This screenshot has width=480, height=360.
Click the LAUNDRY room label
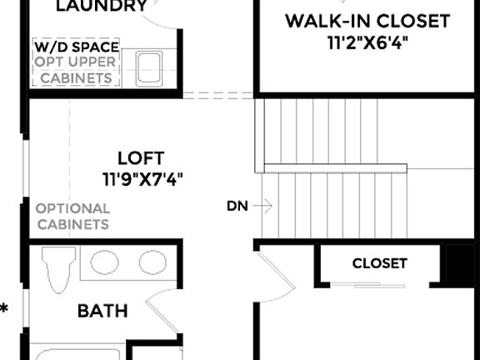pyautogui.click(x=101, y=7)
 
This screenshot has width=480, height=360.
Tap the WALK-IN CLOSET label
pyautogui.click(x=367, y=21)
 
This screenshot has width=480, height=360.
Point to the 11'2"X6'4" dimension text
pyautogui.click(x=367, y=42)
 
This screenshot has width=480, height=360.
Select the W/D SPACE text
pyautogui.click(x=76, y=47)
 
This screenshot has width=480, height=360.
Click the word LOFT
pyautogui.click(x=141, y=157)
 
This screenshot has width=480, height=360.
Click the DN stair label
pyautogui.click(x=237, y=206)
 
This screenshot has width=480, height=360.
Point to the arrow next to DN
pyautogui.click(x=262, y=205)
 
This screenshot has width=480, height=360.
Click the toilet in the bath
pyautogui.click(x=58, y=269)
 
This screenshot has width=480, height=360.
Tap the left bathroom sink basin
pyautogui.click(x=104, y=262)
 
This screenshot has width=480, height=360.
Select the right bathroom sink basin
pyautogui.click(x=152, y=262)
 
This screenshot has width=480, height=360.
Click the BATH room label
pyautogui.click(x=102, y=312)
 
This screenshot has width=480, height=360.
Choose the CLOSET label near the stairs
pyautogui.click(x=379, y=264)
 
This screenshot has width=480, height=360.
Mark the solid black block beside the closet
pyautogui.click(x=459, y=265)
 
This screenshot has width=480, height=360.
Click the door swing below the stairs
pyautogui.click(x=276, y=271)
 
